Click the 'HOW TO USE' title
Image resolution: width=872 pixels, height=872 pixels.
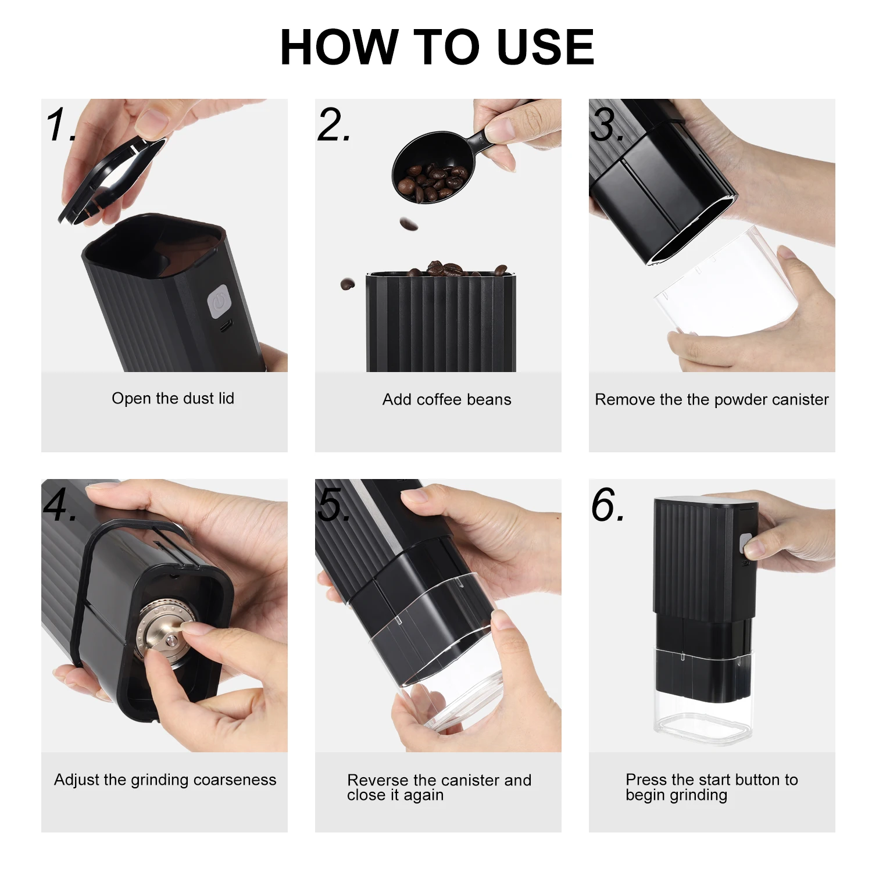point(437,47)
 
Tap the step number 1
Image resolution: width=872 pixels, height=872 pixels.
point(60,124)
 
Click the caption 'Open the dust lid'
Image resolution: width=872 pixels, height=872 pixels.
point(173,399)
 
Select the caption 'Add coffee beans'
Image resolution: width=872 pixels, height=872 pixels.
point(446,400)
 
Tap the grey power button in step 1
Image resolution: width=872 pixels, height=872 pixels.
point(219,302)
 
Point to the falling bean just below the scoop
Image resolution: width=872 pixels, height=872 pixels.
point(409,224)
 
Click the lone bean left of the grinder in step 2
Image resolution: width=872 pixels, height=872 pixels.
point(348,284)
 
